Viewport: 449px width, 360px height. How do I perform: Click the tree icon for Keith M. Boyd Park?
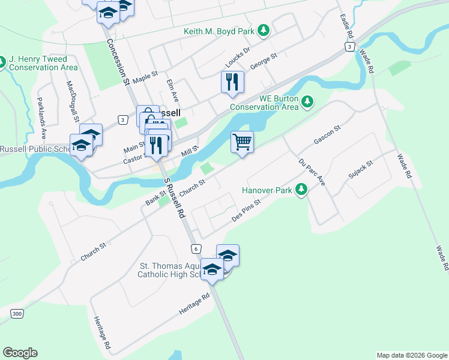point(263,29)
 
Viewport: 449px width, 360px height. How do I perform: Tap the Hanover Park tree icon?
point(301,190)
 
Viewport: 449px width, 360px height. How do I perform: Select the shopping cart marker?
point(242,143)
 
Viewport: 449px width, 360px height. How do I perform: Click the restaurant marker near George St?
point(232,82)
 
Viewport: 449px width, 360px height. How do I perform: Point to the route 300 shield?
point(17,314)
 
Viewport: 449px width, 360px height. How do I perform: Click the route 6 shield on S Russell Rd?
point(196,248)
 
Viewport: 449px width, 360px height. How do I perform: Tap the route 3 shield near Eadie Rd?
point(349,46)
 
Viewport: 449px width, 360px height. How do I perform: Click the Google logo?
point(20,353)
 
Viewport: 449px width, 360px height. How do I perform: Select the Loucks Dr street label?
point(237,59)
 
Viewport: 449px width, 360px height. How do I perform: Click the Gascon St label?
point(327,135)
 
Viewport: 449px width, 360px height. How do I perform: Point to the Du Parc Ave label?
point(312,172)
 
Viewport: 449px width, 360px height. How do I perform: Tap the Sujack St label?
point(361,170)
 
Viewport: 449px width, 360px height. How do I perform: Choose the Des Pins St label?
point(246,211)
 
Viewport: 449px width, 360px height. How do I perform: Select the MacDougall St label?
point(72,101)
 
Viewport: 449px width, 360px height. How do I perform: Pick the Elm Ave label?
point(173,91)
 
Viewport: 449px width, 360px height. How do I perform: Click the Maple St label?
point(145,77)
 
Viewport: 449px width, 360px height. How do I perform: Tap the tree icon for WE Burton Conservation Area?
point(307,101)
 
